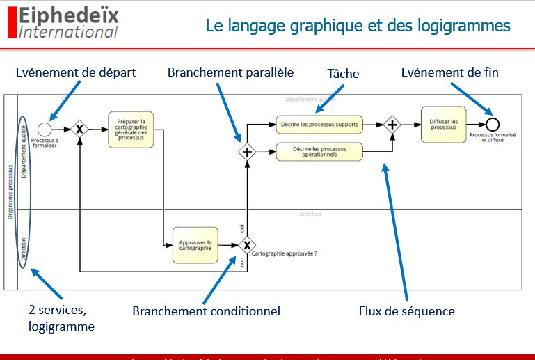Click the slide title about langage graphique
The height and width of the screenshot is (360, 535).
[x=358, y=26]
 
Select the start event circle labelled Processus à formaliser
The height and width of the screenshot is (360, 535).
[x=45, y=129]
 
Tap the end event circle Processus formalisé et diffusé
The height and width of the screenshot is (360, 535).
[x=493, y=125]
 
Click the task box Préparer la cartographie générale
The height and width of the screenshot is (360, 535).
[x=131, y=129]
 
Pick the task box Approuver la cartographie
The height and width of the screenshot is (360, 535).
[x=195, y=246]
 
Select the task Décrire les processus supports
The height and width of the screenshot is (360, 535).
[x=319, y=125]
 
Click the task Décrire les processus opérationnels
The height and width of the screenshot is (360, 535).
[x=319, y=151]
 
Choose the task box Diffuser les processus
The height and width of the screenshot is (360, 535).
[x=443, y=125]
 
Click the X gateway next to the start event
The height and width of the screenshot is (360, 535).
[x=80, y=129]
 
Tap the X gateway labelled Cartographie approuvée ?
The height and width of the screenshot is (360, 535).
[x=246, y=246]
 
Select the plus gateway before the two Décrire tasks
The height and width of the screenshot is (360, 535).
[x=246, y=152]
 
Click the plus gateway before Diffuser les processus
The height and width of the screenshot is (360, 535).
[x=392, y=125]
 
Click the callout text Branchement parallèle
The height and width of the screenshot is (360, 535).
[x=230, y=72]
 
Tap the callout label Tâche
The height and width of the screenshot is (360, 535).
[x=343, y=73]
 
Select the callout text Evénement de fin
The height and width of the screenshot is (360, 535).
[x=449, y=72]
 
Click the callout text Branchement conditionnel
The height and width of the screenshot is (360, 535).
[x=206, y=311]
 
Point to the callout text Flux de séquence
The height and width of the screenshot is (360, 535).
[x=406, y=311]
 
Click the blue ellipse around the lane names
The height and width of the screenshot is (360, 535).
[x=23, y=188]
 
